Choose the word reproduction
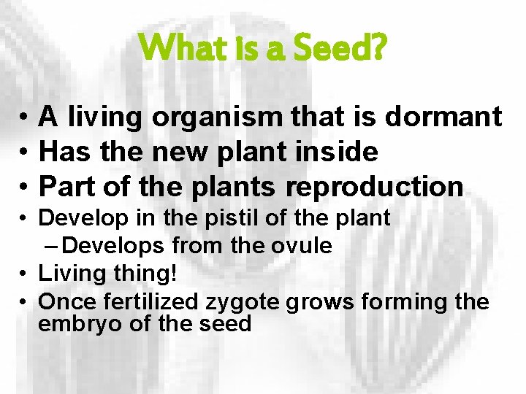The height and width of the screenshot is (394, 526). coord(374,187)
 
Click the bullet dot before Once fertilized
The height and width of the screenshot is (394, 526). coord(24,302)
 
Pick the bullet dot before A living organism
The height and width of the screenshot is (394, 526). coord(24,117)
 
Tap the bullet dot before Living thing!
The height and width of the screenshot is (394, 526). coord(24,274)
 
